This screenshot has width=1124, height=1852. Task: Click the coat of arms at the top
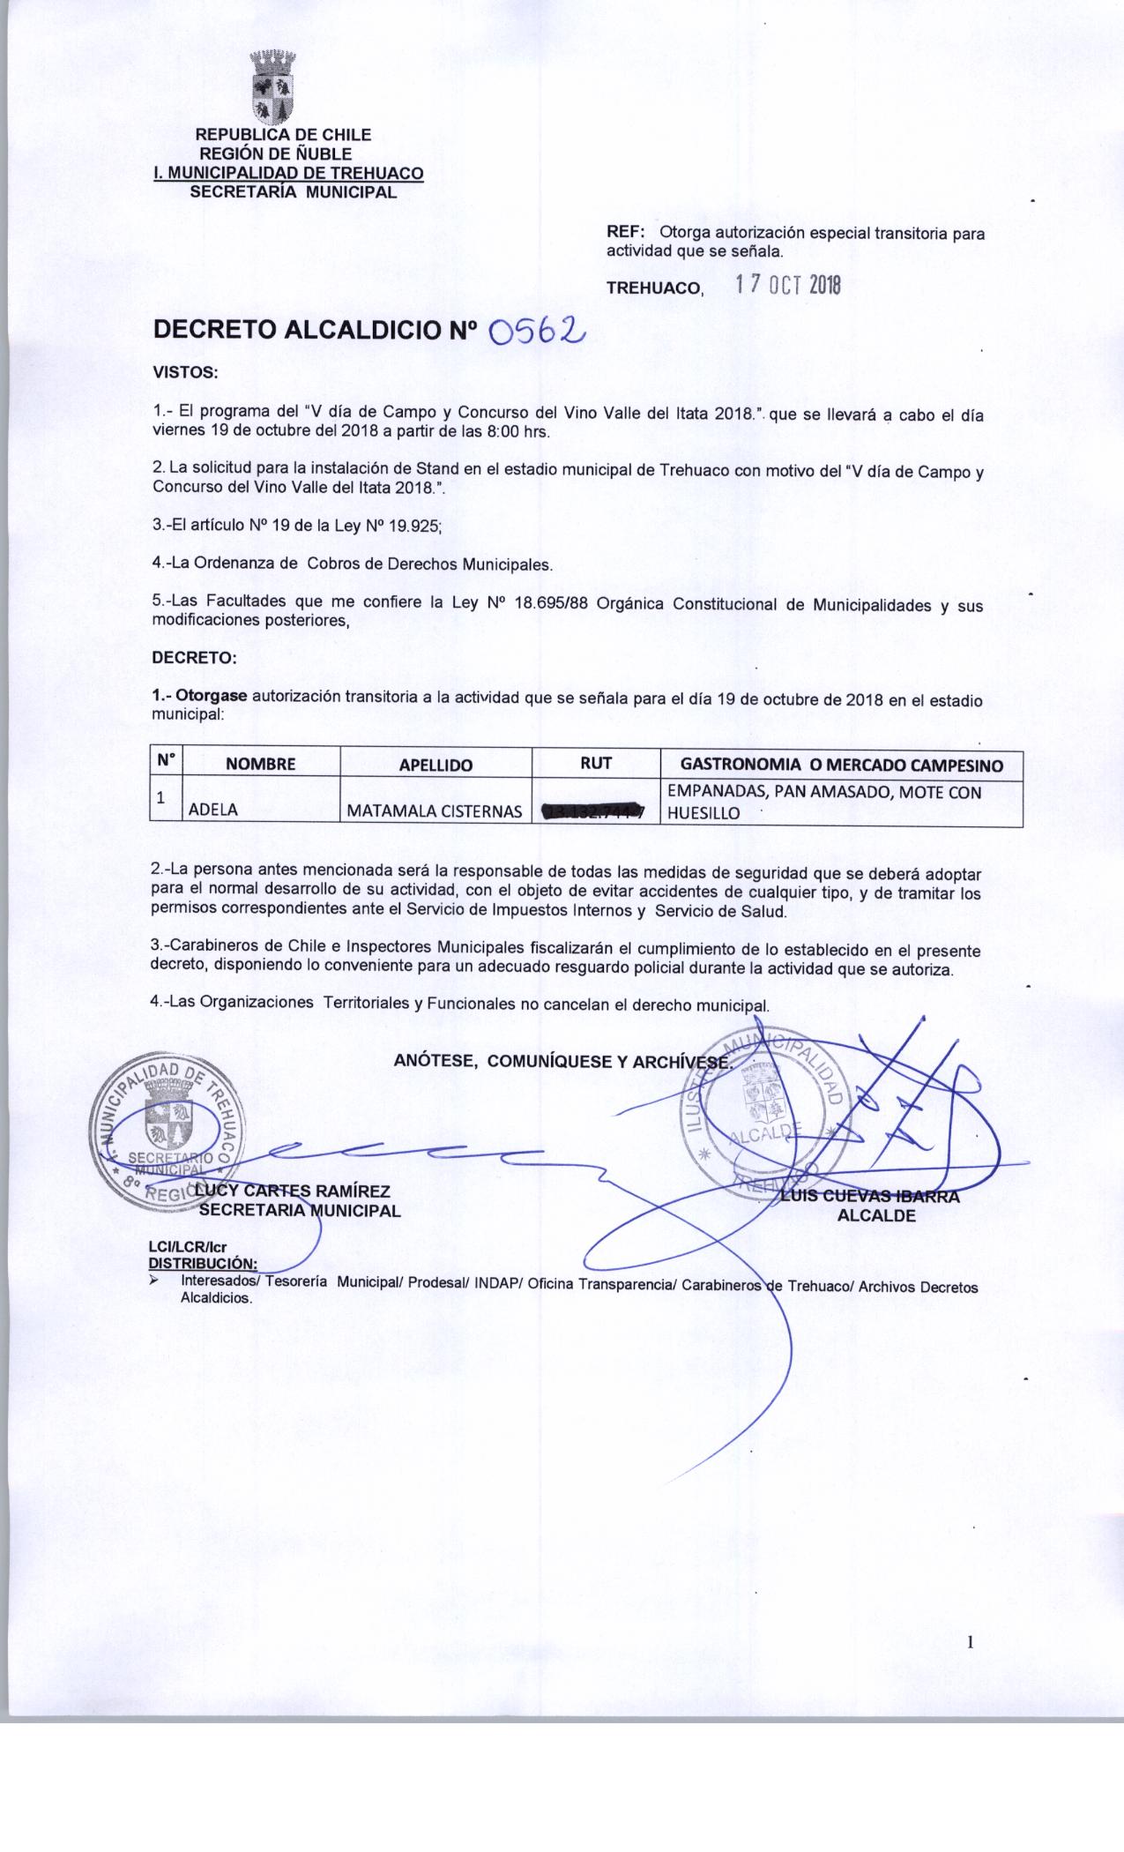(x=272, y=87)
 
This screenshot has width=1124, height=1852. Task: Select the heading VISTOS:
(x=185, y=372)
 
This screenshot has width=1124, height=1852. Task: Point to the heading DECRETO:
(x=194, y=658)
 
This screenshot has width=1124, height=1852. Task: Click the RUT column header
(x=596, y=764)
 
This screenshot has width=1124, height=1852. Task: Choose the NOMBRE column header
(x=261, y=765)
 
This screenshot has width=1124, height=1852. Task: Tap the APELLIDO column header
(x=435, y=765)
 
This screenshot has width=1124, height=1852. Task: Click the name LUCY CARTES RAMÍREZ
(x=295, y=1192)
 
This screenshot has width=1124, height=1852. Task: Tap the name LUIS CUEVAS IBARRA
(x=873, y=1197)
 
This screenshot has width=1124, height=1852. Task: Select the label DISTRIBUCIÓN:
(x=203, y=1263)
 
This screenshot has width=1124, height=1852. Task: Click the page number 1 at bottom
(x=971, y=1642)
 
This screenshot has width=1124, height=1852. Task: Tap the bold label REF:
(x=626, y=233)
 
